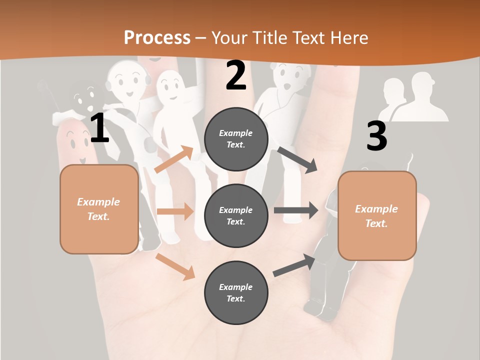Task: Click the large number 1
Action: point(99,128)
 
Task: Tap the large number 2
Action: point(236,75)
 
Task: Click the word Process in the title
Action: point(157,37)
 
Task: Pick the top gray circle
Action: point(236,139)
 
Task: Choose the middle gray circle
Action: point(236,215)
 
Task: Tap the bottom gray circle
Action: point(236,292)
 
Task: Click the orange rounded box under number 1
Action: point(99,209)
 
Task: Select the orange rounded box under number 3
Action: point(377,215)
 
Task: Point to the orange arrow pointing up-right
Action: point(174,159)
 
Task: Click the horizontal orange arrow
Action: point(175,211)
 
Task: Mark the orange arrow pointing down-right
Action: point(175,266)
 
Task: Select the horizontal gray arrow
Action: point(296,210)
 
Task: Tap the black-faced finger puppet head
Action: point(85,96)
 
